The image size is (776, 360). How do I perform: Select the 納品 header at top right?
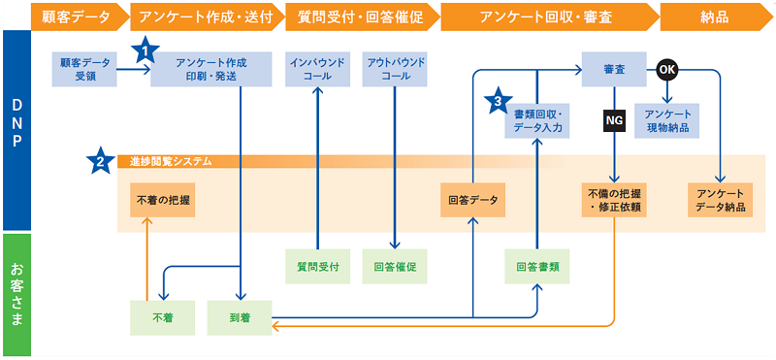pyautogui.click(x=716, y=16)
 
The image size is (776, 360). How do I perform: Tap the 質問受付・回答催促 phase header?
pyautogui.click(x=358, y=16)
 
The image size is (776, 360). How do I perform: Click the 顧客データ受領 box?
pyautogui.click(x=84, y=69)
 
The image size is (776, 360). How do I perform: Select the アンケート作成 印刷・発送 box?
pyautogui.click(x=210, y=69)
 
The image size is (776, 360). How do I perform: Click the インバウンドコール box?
pyautogui.click(x=317, y=69)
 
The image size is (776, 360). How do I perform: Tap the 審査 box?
pyautogui.click(x=613, y=69)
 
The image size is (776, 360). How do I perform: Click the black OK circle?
pyautogui.click(x=666, y=69)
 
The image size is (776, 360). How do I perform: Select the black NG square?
pyautogui.click(x=613, y=119)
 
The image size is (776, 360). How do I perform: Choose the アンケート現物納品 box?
pyautogui.click(x=667, y=120)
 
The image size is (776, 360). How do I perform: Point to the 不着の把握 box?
pyautogui.click(x=161, y=201)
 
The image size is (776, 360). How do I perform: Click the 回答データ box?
pyautogui.click(x=472, y=201)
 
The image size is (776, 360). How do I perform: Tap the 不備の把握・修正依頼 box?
pyautogui.click(x=613, y=201)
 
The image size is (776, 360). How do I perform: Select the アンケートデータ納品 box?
pyautogui.click(x=720, y=201)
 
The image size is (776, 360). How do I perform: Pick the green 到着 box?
pyautogui.click(x=240, y=317)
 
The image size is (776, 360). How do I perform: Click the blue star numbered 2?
pyautogui.click(x=99, y=161)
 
